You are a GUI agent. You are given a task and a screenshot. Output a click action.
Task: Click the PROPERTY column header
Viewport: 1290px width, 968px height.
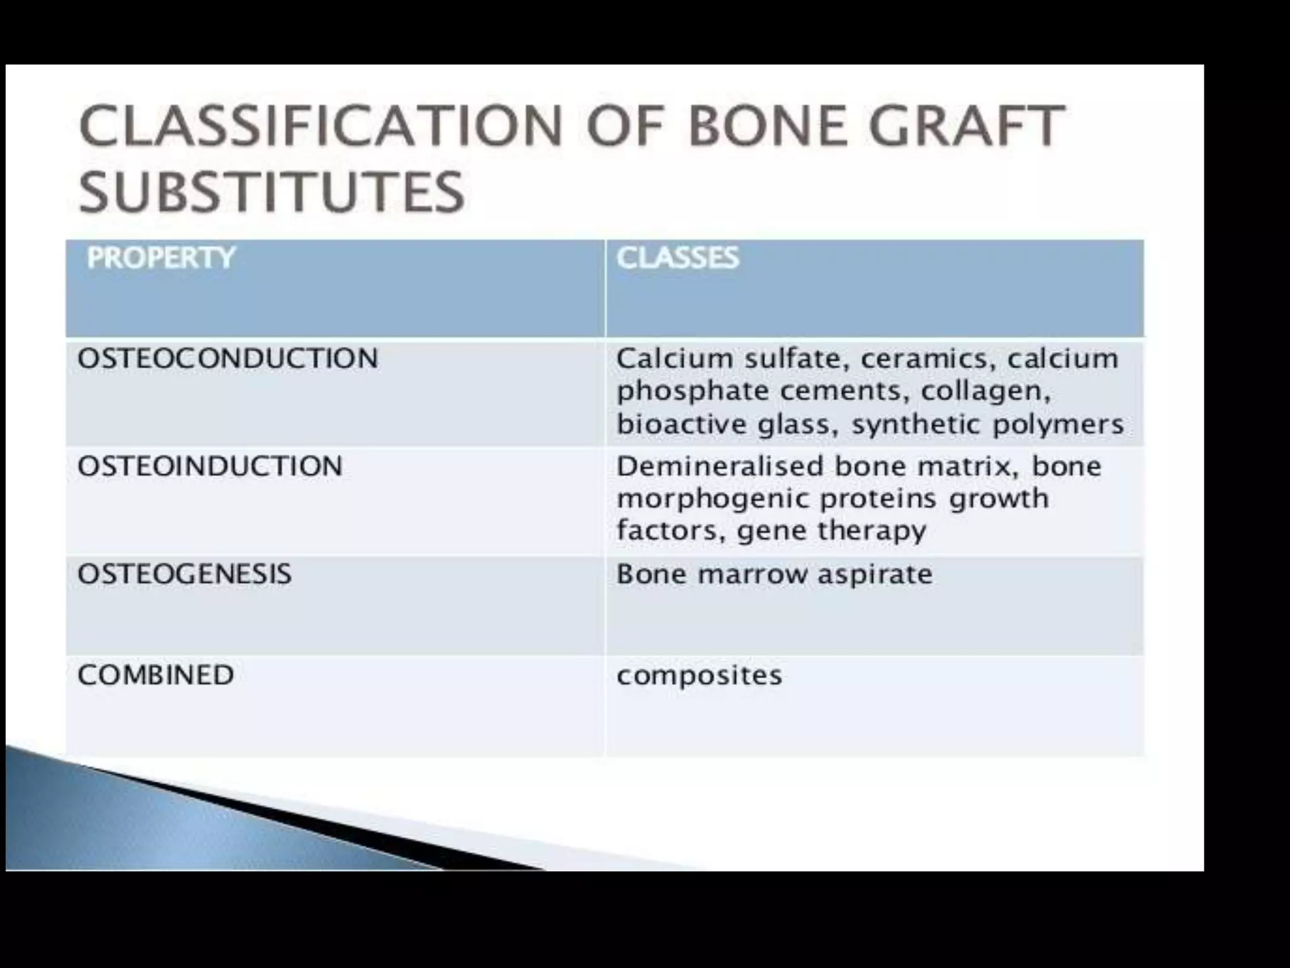pyautogui.click(x=161, y=258)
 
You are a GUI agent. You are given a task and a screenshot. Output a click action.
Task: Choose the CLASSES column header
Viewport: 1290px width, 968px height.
pyautogui.click(x=677, y=258)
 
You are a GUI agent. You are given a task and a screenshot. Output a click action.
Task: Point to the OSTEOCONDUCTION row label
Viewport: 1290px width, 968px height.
pyautogui.click(x=227, y=359)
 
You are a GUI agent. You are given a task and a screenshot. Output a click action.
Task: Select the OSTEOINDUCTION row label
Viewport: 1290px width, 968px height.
pyautogui.click(x=210, y=466)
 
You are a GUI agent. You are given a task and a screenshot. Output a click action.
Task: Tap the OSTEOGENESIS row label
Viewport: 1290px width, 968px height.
pyautogui.click(x=184, y=574)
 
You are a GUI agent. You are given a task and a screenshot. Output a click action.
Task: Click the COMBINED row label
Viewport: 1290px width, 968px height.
pyautogui.click(x=156, y=675)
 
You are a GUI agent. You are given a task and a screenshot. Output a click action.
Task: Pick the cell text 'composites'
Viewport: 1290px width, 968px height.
pyautogui.click(x=699, y=676)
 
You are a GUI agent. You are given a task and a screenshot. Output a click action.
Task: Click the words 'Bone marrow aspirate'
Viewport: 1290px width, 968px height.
pyautogui.click(x=774, y=574)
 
